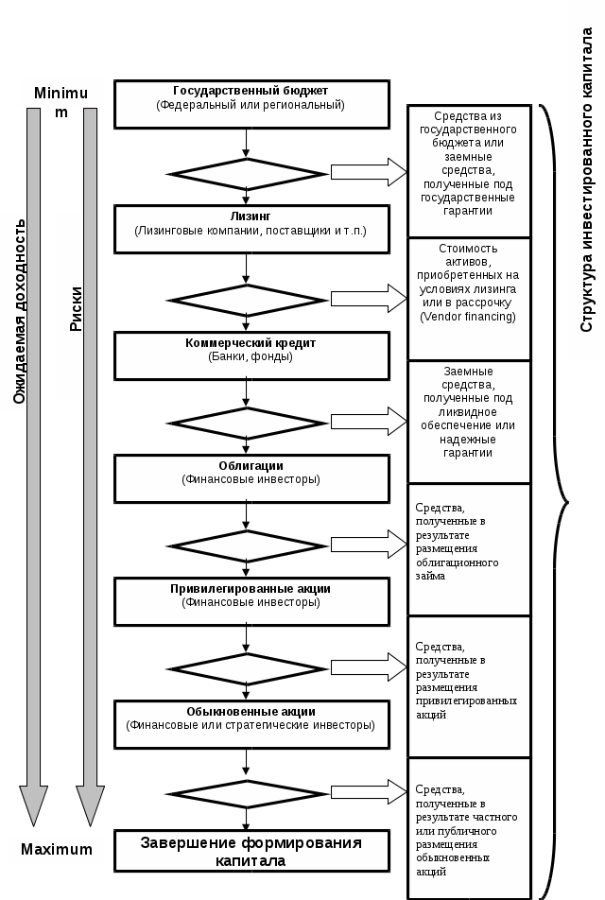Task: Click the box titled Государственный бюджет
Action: click(251, 103)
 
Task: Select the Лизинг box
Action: click(251, 229)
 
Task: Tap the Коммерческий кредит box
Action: click(251, 355)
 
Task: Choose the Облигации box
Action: click(251, 478)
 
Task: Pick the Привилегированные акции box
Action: click(251, 601)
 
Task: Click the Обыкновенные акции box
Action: click(251, 725)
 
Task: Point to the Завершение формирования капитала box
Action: click(251, 851)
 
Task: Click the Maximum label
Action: click(57, 849)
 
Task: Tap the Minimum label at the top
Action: click(60, 94)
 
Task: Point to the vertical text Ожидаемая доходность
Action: click(19, 312)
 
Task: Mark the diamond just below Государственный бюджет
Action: click(246, 174)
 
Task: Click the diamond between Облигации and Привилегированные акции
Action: click(246, 546)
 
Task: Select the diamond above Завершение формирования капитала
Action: click(246, 793)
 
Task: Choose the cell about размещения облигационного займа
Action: click(468, 548)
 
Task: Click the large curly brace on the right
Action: click(557, 501)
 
